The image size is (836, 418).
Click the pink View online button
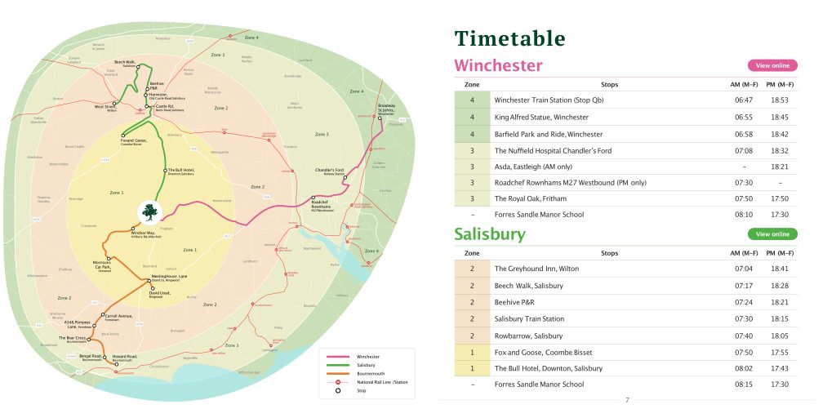pos(772,65)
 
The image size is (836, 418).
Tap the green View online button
pos(772,234)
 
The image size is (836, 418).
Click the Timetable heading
pos(509,38)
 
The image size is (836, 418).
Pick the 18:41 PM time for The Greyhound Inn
pos(780,269)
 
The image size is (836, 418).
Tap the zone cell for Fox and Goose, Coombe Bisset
pos(472,353)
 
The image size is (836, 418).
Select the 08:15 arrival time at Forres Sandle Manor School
pos(744,385)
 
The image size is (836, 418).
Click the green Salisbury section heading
pos(490,234)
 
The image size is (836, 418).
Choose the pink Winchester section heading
pos(498,65)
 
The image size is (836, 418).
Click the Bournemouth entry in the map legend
pos(371,373)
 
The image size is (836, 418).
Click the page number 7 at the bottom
pos(627,400)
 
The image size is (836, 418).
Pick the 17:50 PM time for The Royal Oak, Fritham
pos(780,198)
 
